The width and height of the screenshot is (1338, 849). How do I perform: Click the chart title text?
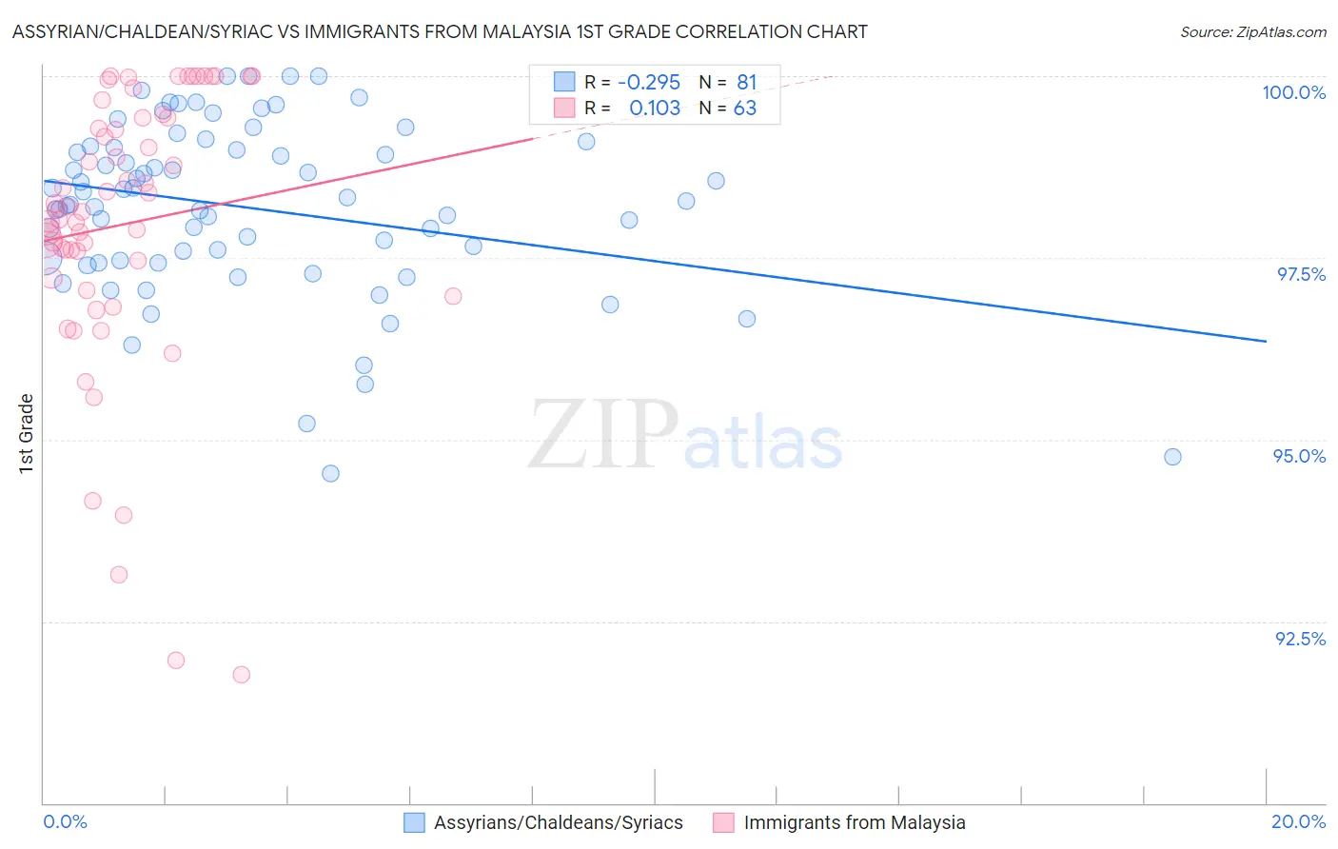point(439,31)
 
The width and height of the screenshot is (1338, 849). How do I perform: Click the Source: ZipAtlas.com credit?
point(1252,31)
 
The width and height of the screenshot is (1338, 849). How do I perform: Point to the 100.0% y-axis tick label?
point(1293,92)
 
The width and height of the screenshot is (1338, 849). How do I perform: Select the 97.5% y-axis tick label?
point(1301,274)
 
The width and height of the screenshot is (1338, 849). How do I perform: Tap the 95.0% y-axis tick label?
point(1299,456)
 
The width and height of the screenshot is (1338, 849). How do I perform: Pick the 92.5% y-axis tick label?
point(1300,639)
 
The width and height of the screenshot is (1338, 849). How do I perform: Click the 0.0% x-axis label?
point(65,821)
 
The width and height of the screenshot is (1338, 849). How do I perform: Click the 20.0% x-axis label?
point(1298,821)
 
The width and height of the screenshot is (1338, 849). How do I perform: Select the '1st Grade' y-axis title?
point(27,433)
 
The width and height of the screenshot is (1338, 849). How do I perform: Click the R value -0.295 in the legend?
point(649,82)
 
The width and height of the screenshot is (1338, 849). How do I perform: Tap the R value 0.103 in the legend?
point(655,109)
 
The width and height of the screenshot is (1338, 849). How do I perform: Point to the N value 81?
point(746,82)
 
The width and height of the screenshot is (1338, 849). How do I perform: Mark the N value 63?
point(744,109)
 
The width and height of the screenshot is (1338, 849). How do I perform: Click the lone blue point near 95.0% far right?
point(1172,457)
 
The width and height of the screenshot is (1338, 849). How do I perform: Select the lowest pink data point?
point(242,675)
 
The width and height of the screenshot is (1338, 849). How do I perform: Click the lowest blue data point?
point(330,473)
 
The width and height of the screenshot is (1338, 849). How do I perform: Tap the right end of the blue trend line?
point(1266,341)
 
